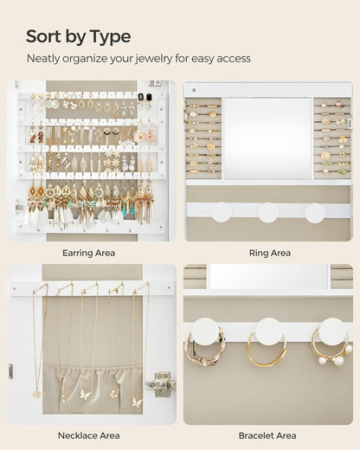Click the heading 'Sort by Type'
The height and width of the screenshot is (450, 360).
pyautogui.click(x=78, y=36)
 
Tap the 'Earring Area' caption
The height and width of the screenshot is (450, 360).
pyautogui.click(x=89, y=253)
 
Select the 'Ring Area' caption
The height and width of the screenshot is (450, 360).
pyautogui.click(x=269, y=253)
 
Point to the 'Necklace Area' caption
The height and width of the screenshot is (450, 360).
pyautogui.click(x=89, y=435)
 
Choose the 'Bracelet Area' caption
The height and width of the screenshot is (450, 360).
pyautogui.click(x=267, y=435)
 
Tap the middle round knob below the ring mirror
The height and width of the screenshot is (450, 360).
pyautogui.click(x=268, y=212)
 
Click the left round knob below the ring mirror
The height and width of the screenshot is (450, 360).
pyautogui.click(x=222, y=212)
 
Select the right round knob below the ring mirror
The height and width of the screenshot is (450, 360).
pyautogui.click(x=315, y=212)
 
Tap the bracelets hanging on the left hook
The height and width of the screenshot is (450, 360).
pyautogui.click(x=203, y=350)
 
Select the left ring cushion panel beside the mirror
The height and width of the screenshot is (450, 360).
pyautogui.click(x=203, y=138)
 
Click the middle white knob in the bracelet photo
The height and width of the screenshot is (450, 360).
pyautogui.click(x=268, y=330)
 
